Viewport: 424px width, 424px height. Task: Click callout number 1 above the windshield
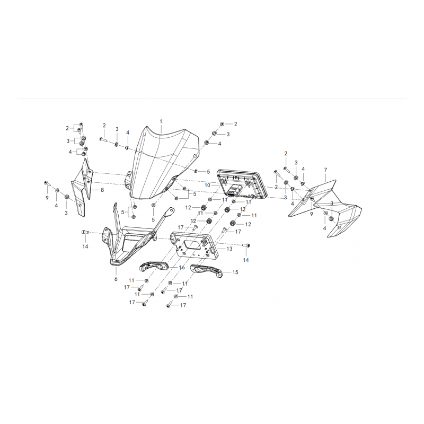(x=161, y=121)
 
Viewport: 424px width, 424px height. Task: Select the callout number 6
(x=116, y=279)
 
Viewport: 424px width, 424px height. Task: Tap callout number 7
(x=325, y=170)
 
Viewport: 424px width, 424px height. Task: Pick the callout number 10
(x=207, y=185)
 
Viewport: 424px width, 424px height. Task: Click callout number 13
(x=229, y=249)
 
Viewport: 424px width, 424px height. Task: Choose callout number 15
(x=235, y=272)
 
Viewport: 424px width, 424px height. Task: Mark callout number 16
(x=182, y=268)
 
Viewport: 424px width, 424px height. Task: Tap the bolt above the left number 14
(x=85, y=232)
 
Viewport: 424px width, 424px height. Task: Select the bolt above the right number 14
(x=246, y=245)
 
